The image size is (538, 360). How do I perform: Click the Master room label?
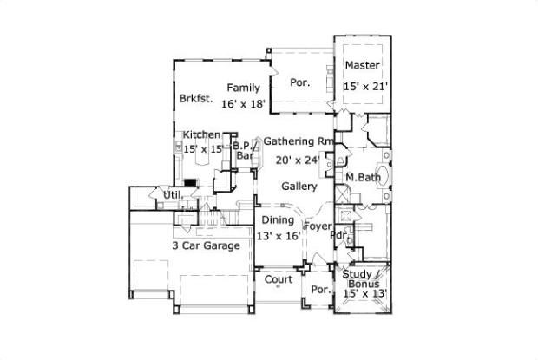(x=363, y=66)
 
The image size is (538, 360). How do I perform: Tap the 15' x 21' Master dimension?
(x=364, y=86)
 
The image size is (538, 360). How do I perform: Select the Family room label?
(x=243, y=88)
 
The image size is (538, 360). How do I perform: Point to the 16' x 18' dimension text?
(x=242, y=104)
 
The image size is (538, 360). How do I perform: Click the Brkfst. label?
(x=197, y=99)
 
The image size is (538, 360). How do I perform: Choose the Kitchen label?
(x=200, y=135)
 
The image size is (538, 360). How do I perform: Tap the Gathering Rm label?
(x=299, y=141)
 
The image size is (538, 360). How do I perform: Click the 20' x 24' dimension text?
(x=299, y=160)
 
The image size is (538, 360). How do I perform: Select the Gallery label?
(x=299, y=187)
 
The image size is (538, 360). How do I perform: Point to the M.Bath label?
(x=360, y=178)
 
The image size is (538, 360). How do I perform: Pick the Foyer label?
(x=318, y=226)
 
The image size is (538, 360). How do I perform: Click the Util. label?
(x=173, y=195)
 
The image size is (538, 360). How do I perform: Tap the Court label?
(x=278, y=279)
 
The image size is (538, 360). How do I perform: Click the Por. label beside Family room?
(x=300, y=83)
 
